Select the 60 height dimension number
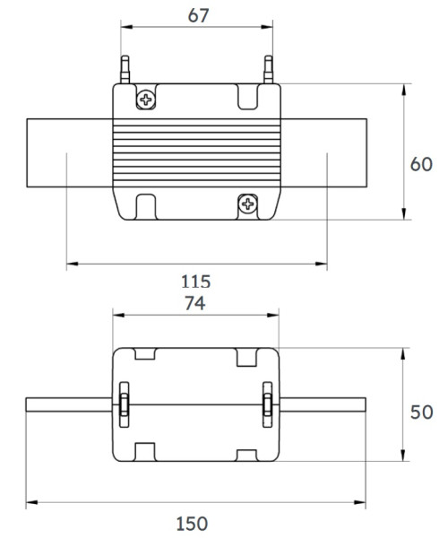point(421,164)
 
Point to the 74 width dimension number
point(195,303)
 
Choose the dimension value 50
point(421,412)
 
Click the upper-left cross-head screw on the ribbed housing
point(145,99)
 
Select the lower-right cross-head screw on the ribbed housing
point(247,205)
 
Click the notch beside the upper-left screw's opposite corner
point(247,95)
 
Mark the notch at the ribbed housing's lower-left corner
point(146,205)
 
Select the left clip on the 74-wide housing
point(124,404)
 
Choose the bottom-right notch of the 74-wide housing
point(248,451)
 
